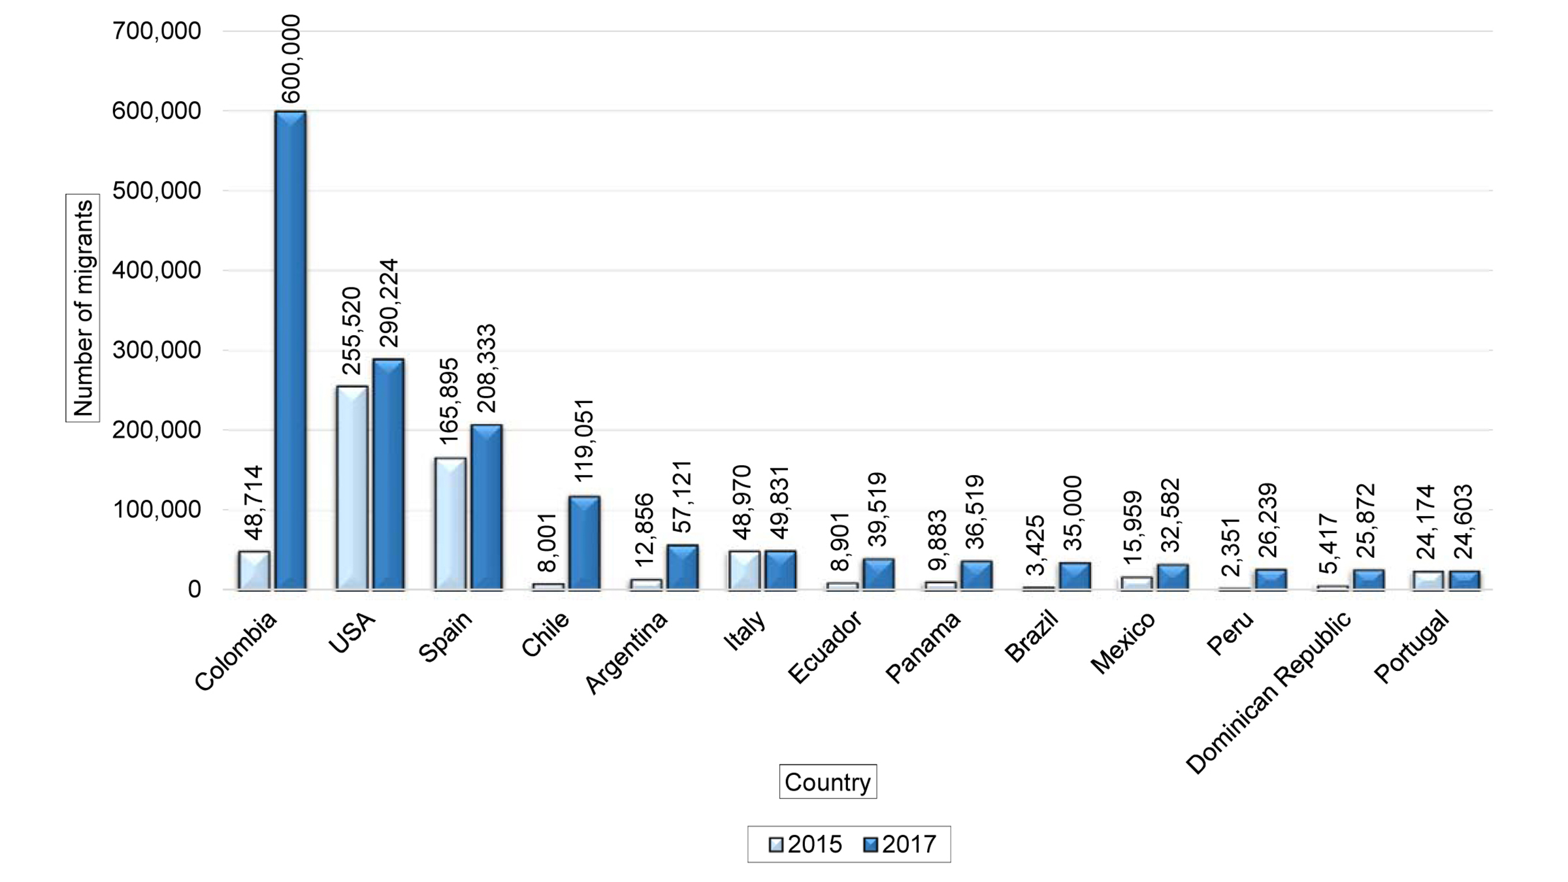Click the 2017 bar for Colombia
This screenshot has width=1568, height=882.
[x=290, y=350]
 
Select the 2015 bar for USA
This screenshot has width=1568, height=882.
[x=351, y=488]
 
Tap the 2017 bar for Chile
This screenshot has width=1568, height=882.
[x=584, y=544]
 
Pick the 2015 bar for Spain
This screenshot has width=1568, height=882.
[x=450, y=524]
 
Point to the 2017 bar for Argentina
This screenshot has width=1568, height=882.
[x=682, y=567]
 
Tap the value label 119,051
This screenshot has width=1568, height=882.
[x=584, y=440]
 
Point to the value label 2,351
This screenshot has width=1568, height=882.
[x=1231, y=547]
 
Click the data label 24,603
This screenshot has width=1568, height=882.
[x=1464, y=521]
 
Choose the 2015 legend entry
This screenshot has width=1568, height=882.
[x=805, y=845]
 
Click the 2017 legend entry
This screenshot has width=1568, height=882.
[x=900, y=845]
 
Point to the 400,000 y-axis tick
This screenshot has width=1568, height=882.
[x=157, y=270]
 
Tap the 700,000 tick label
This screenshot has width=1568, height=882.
[x=157, y=31]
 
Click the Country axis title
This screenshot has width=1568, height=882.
[x=827, y=782]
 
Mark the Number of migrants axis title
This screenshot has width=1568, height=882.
[x=83, y=308]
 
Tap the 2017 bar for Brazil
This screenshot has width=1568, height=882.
[x=1075, y=576]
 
